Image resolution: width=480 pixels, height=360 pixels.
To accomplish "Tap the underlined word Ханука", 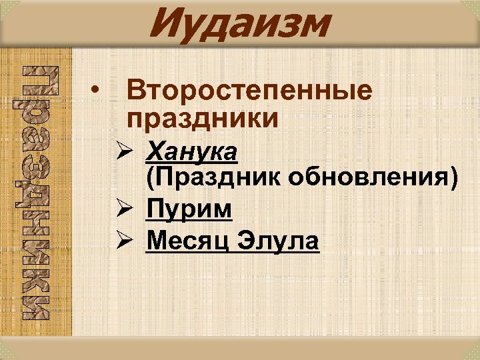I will click(191, 152).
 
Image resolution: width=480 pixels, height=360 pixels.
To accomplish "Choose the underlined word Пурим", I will click(189, 209).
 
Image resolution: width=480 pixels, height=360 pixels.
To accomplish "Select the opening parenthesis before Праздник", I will click(149, 179).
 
